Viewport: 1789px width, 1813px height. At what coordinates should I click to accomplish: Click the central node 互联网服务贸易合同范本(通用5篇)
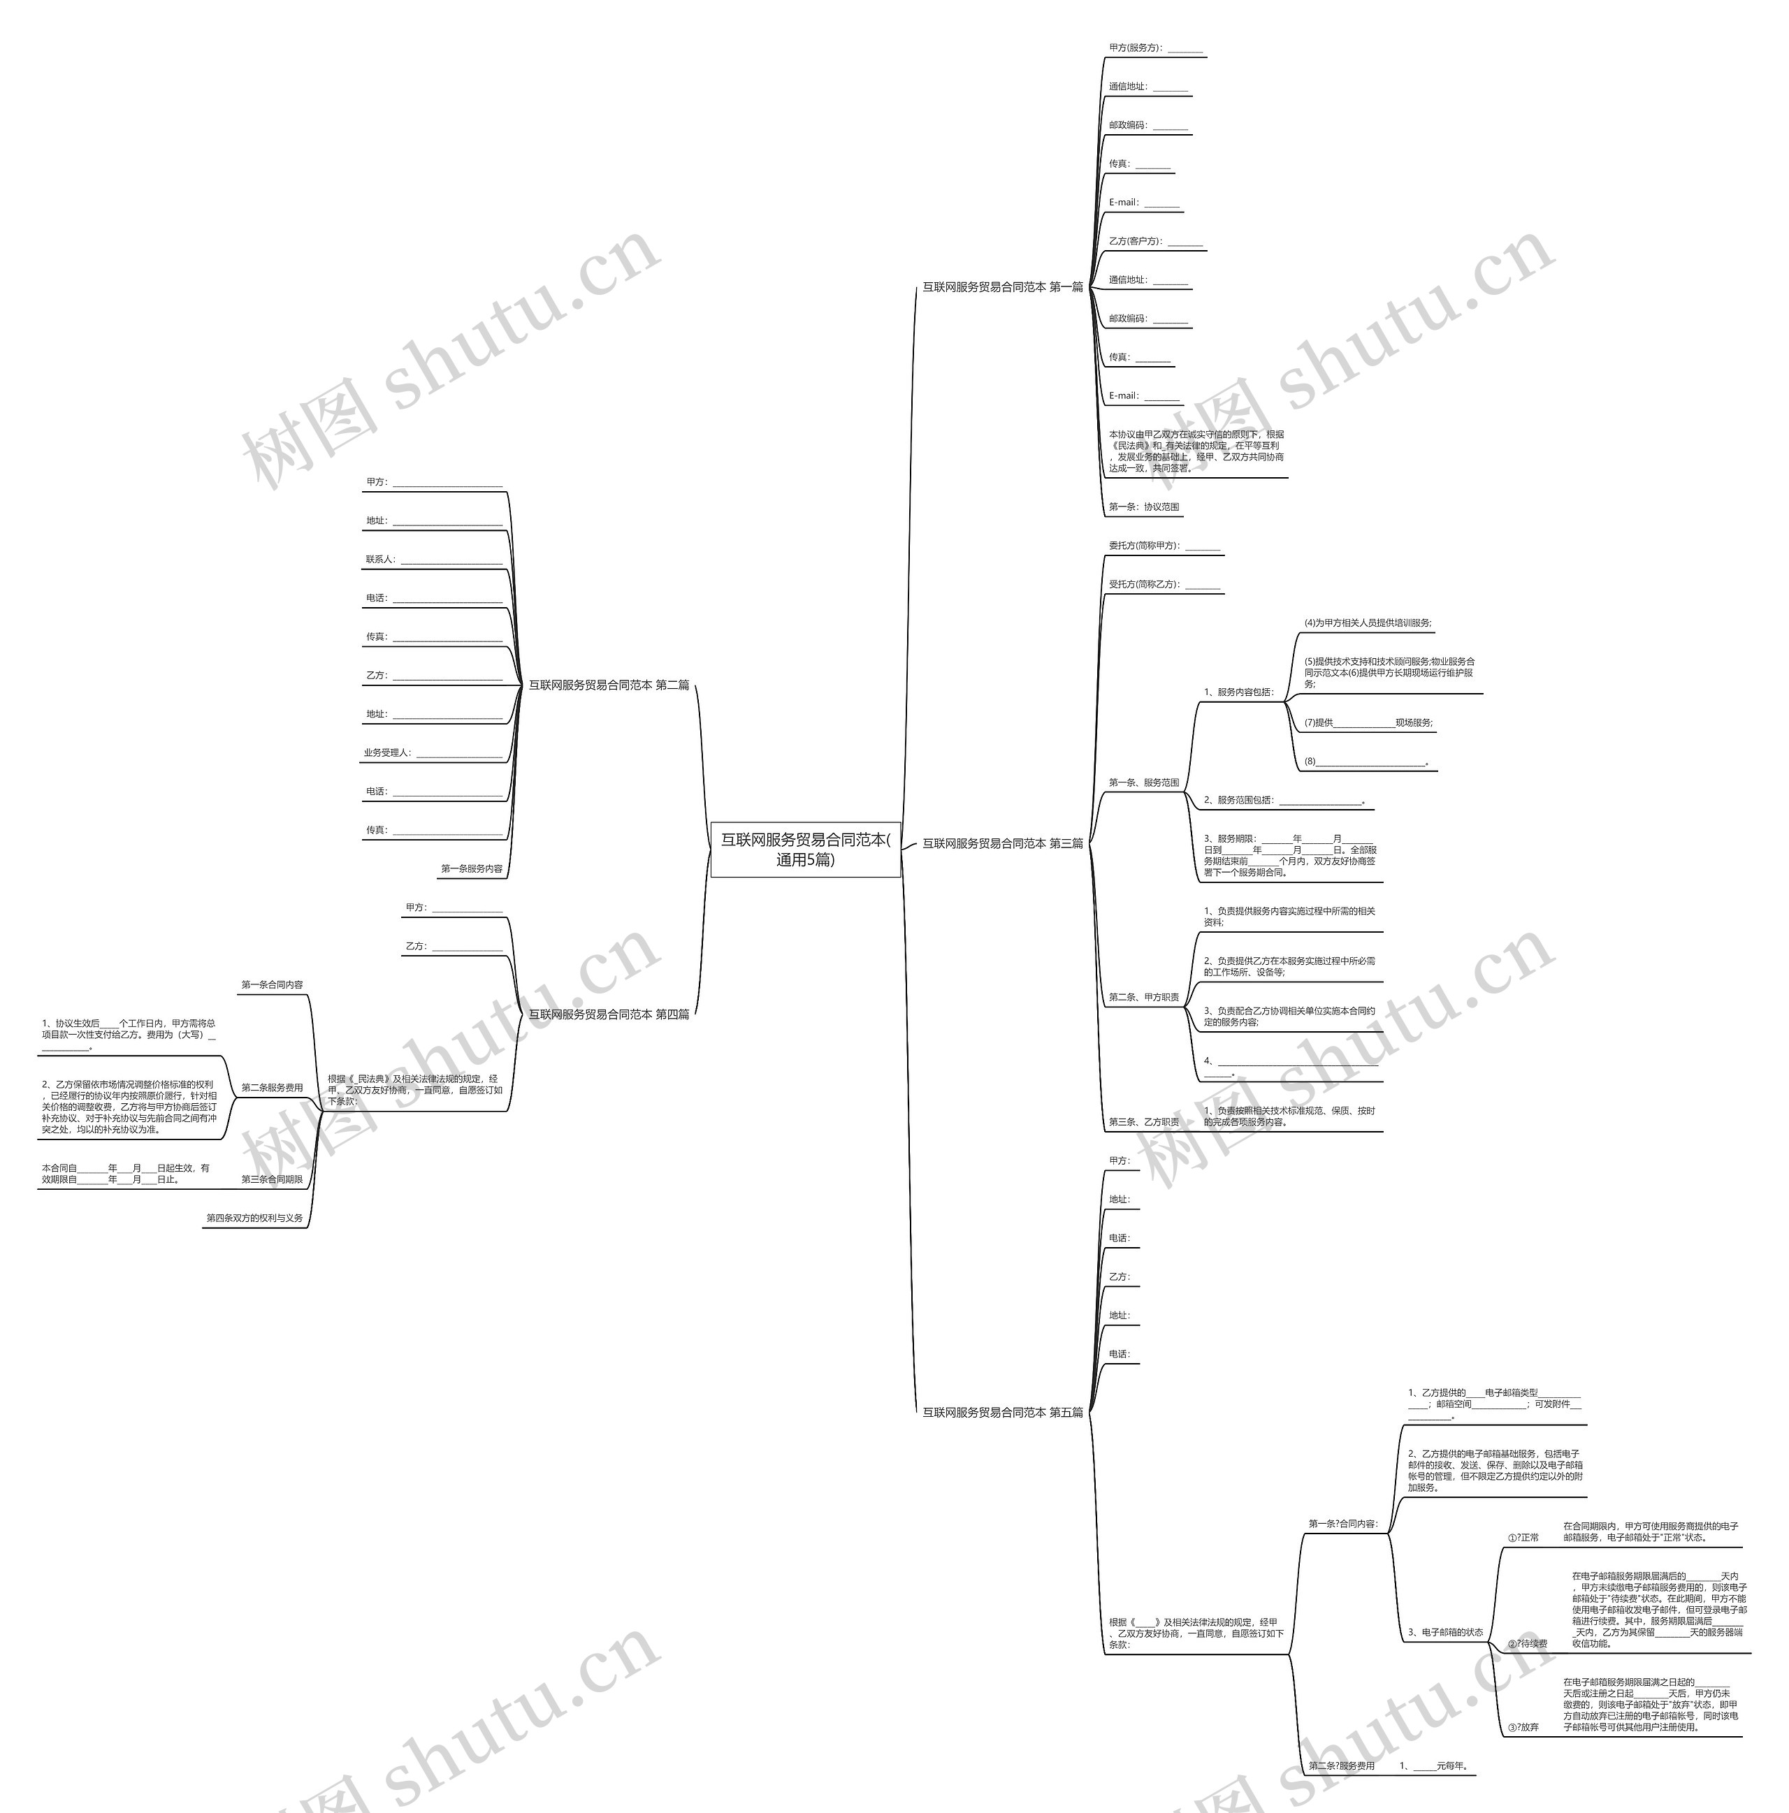coord(804,850)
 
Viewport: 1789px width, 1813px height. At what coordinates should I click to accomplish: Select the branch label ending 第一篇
coord(1001,287)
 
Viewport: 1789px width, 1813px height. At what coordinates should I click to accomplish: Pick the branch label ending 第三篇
coord(1001,844)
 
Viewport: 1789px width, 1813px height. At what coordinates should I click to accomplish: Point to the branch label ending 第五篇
coord(1001,1412)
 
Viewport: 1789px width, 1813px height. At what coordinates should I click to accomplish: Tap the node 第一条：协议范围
coord(1143,507)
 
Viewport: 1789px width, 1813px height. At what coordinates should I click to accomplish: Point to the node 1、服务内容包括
coord(1239,692)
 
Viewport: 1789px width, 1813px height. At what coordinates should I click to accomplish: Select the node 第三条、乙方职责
coord(1143,1121)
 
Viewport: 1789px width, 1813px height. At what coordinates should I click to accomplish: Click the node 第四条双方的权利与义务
coord(254,1218)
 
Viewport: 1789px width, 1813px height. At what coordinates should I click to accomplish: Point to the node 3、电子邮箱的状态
coord(1445,1632)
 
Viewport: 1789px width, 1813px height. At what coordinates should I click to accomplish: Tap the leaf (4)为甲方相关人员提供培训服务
coord(1368,623)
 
